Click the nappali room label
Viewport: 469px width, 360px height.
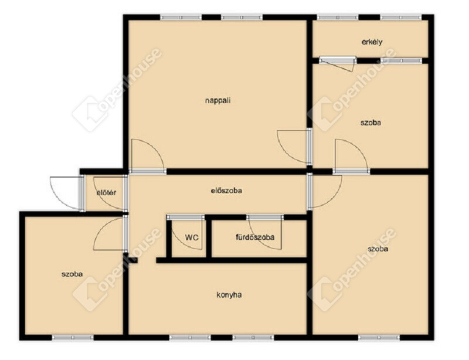click(x=217, y=100)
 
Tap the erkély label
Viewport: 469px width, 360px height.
click(x=372, y=42)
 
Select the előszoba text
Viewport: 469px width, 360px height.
click(x=226, y=191)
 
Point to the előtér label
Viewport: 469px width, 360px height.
click(x=106, y=193)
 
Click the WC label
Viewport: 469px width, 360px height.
click(x=192, y=237)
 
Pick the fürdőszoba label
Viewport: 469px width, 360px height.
click(x=255, y=237)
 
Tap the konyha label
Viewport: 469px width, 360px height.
click(x=229, y=295)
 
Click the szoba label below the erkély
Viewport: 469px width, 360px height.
click(x=371, y=123)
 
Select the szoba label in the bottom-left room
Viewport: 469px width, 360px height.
click(x=72, y=274)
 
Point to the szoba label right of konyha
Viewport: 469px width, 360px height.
click(x=378, y=249)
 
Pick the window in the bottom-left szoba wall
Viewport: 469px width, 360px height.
click(x=73, y=338)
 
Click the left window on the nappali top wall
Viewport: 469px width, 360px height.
click(x=181, y=18)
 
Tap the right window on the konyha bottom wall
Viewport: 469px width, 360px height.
click(x=253, y=338)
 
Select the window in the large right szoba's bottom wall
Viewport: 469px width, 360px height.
click(x=379, y=338)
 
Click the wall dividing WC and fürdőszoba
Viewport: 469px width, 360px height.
click(x=209, y=239)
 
